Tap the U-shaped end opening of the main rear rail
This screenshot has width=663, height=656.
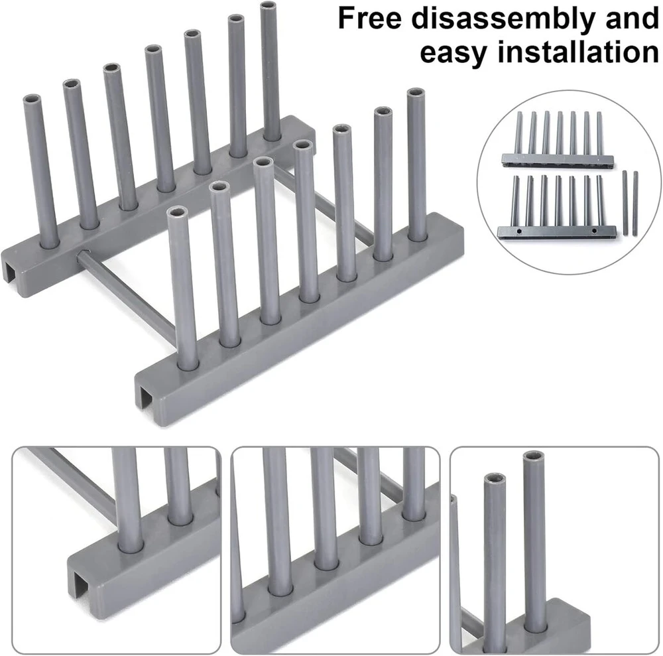(x=12, y=270)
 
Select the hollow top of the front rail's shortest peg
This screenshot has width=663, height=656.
(x=177, y=212)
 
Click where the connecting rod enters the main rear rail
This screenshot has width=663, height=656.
(x=82, y=255)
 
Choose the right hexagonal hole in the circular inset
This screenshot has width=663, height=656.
(x=594, y=231)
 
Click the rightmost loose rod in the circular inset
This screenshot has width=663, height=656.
(x=635, y=203)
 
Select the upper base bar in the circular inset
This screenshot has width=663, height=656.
(x=558, y=161)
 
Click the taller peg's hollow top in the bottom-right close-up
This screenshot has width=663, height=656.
(x=533, y=457)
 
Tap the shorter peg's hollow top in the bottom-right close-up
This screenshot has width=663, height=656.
(x=495, y=479)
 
